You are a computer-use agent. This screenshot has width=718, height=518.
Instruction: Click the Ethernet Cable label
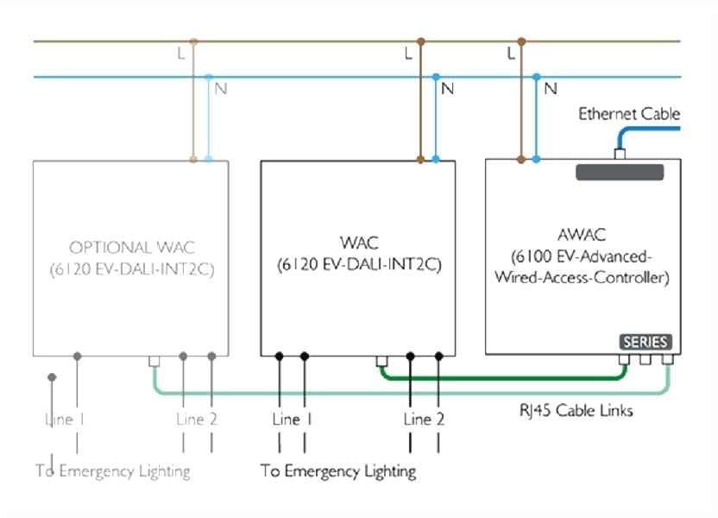628,114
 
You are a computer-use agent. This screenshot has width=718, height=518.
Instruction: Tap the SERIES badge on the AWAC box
646,342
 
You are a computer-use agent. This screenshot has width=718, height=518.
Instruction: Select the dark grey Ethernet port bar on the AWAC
620,172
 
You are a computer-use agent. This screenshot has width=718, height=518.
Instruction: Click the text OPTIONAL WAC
131,248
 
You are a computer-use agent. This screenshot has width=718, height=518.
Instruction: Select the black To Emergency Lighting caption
338,471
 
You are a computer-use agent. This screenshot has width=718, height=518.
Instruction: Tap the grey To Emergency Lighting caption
113,471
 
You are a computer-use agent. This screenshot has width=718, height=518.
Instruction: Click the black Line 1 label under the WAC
292,420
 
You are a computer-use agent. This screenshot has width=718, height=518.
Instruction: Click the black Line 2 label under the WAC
425,420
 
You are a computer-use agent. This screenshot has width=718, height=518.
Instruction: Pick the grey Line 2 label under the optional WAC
197,420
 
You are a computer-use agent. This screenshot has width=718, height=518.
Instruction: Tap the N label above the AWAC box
551,88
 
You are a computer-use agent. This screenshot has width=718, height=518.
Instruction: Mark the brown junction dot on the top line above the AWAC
521,41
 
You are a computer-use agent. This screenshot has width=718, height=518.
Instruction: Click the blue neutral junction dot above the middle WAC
436,77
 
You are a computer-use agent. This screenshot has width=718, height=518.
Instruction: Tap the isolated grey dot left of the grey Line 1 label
52,377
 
